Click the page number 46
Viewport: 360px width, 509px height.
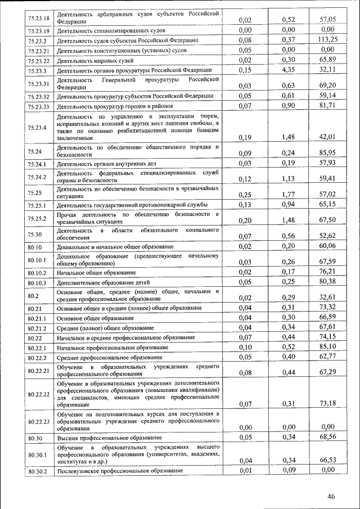coord(331,496)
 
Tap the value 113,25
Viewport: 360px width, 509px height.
coord(327,40)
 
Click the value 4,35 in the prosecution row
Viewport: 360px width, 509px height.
coord(288,70)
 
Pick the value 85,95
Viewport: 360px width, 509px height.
coord(327,152)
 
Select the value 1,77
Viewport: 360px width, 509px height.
coord(288,194)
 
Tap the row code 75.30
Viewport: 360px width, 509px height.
coord(35,234)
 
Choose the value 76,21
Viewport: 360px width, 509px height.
coord(327,272)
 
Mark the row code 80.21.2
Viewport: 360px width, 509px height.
coord(37,327)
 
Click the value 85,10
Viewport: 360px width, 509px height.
coord(327,347)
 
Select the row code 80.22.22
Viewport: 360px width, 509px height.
coord(38,394)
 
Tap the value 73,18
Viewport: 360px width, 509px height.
coord(327,403)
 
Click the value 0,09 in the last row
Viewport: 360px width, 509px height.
coord(288,470)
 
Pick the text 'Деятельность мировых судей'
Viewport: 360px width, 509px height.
coord(94,60)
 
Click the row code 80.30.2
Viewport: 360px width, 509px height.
coord(37,471)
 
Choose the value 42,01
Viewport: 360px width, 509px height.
coord(327,137)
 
